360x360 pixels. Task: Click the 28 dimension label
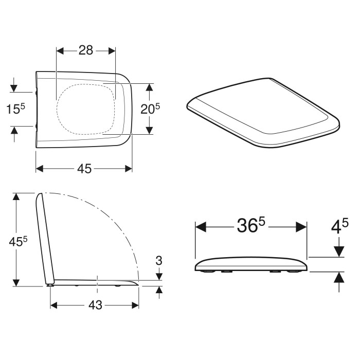tap(86, 50)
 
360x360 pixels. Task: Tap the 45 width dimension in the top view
tap(84, 169)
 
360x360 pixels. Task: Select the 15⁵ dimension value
tap(15, 109)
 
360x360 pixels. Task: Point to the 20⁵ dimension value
tap(150, 109)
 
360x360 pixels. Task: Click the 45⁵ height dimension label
tap(18, 241)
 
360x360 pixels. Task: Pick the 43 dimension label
tap(95, 305)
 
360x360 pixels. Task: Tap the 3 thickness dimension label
tap(159, 261)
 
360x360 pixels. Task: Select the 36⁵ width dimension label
tap(251, 225)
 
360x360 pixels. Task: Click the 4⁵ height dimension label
tap(339, 226)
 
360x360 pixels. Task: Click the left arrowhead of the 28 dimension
tap(60, 51)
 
